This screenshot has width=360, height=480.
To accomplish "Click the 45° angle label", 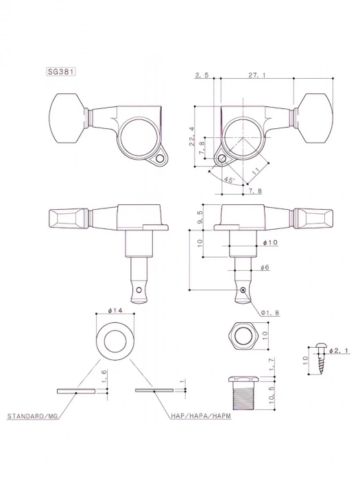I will pos(228,180).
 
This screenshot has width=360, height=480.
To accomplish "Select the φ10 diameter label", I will pos(269,243).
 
